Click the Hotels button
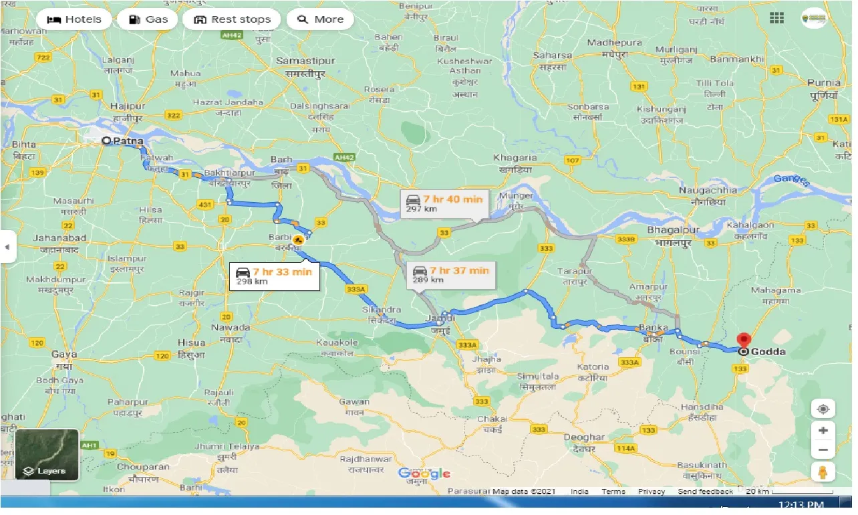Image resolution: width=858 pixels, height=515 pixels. (74, 19)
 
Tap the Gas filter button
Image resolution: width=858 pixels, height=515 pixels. (147, 19)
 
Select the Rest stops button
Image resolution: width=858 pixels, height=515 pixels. (232, 19)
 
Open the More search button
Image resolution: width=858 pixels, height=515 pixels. (320, 19)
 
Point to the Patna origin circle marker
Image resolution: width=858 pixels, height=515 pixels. (105, 141)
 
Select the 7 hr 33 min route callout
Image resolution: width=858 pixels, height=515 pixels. (274, 276)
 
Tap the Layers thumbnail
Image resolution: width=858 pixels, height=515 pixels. (47, 454)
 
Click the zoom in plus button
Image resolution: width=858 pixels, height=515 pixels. (823, 431)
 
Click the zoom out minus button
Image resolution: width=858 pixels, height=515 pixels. (823, 450)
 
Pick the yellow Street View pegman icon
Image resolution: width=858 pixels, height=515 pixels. (823, 472)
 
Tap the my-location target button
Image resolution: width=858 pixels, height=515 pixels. (823, 409)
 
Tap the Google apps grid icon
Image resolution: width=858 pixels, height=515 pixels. (776, 18)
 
